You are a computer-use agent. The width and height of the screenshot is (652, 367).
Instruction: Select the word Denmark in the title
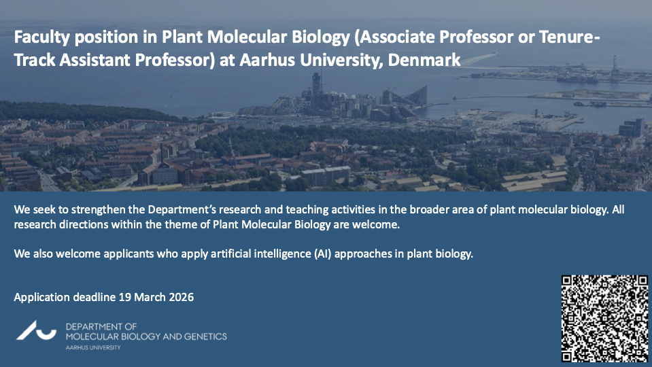click(x=424, y=60)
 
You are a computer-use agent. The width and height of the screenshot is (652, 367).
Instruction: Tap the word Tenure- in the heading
click(x=570, y=37)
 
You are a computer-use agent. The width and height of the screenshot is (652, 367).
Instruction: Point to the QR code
click(x=604, y=318)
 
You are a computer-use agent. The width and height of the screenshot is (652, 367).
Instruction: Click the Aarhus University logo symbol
click(x=36, y=330)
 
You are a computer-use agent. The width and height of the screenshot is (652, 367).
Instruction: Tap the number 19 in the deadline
click(x=124, y=297)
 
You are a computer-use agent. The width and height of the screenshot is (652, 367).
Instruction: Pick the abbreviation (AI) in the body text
click(x=323, y=254)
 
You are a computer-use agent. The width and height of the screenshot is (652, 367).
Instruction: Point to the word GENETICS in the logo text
click(x=205, y=336)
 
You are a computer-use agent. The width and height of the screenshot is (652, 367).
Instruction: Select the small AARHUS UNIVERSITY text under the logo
click(x=93, y=347)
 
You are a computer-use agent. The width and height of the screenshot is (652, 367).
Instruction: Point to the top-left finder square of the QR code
click(x=568, y=281)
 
